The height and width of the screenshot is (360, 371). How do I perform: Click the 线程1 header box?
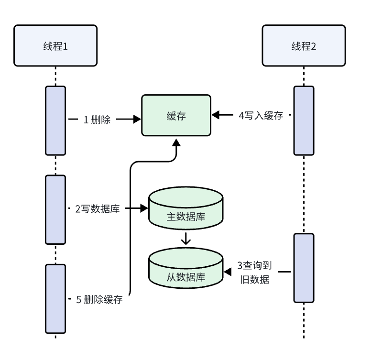pos(55,46)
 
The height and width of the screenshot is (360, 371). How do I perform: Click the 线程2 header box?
pos(304,46)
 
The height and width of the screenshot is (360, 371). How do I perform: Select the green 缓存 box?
pos(176,116)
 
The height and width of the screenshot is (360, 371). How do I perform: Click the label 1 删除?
pos(97,120)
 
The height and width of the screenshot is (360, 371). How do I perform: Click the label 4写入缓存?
pos(261,115)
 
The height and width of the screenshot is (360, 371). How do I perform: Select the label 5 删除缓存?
pos(99,300)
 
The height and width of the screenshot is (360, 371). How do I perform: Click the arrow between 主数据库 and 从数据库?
pos(186,238)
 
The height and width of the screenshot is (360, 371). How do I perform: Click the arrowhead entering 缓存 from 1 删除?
pos(137,120)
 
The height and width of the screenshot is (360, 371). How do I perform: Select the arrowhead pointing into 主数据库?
pos(144,209)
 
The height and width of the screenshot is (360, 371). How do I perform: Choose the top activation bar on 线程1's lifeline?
pos(55,120)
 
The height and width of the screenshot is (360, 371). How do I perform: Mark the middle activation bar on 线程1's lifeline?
pos(55,209)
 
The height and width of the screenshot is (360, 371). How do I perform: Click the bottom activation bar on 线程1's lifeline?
pos(55,298)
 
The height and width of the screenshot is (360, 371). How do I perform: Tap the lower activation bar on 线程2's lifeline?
pos(304,268)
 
